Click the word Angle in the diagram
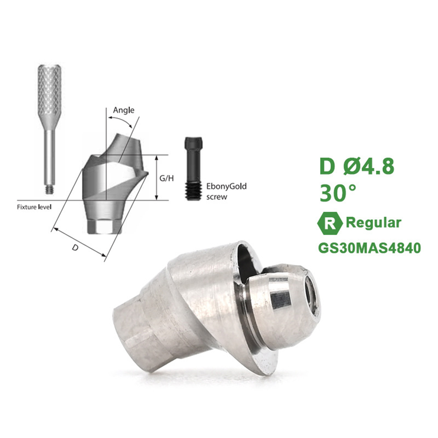[124, 110]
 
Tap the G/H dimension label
[166, 178]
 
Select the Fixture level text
[34, 207]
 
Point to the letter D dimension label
[75, 248]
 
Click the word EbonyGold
[226, 186]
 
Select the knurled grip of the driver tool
[49, 90]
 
